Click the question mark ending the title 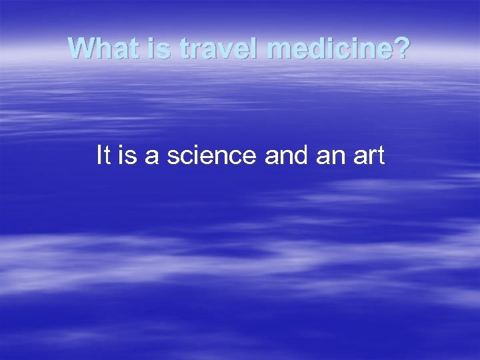coord(403,48)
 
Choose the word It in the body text coord(103,156)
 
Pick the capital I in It coord(99,156)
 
